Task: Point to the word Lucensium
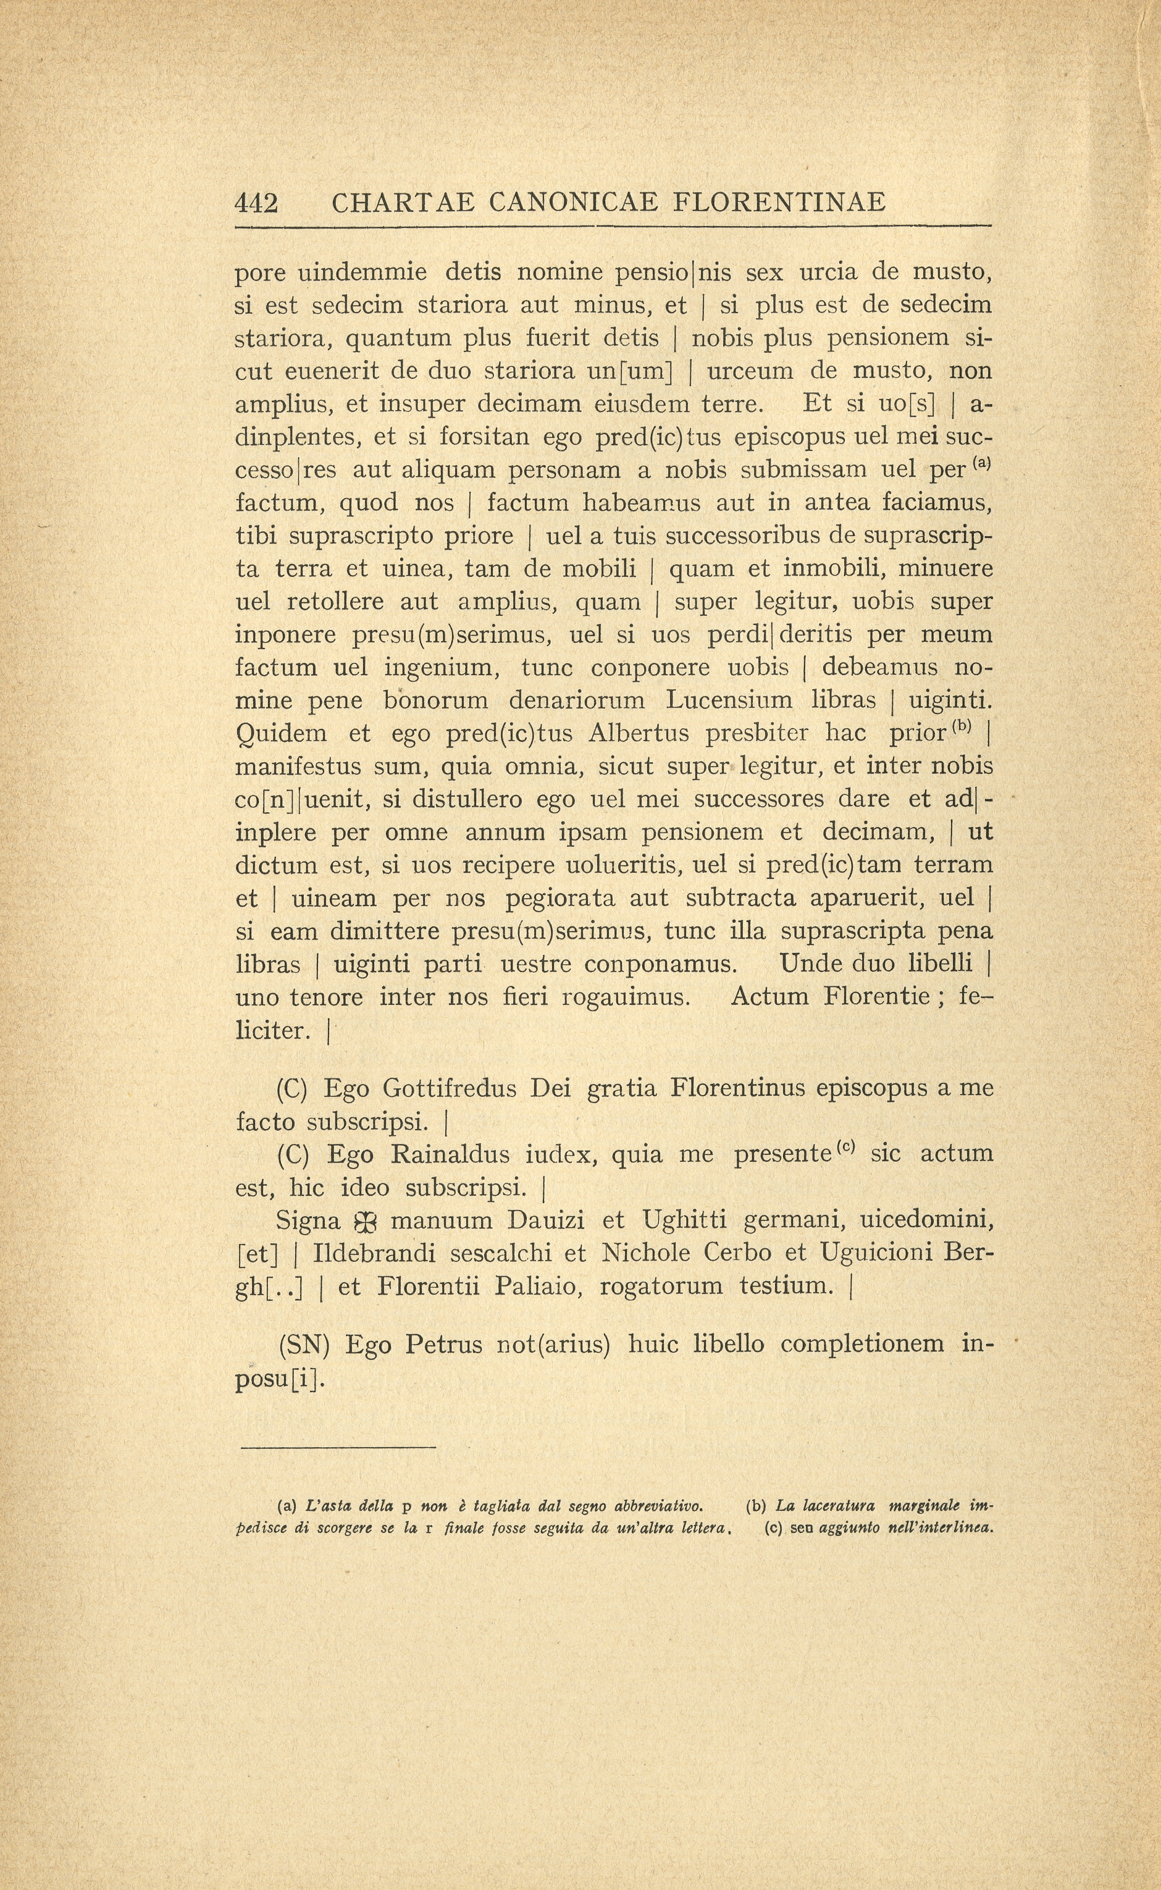tap(729, 700)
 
